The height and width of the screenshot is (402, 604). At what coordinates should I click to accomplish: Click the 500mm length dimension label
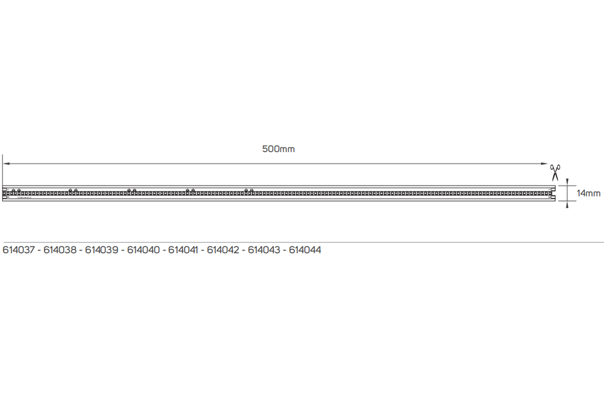278,149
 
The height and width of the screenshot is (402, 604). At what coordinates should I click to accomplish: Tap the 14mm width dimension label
588,193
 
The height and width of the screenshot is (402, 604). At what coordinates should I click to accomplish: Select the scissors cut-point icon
555,172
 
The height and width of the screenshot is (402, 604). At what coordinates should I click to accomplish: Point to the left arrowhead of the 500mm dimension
6,163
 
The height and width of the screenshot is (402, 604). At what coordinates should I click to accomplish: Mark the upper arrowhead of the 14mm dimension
567,181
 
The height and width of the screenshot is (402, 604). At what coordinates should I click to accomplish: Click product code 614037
19,250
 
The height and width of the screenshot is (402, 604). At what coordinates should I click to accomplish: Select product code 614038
60,250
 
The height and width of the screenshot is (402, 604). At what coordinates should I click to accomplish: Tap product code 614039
102,250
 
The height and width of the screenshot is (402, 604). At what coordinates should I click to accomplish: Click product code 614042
223,250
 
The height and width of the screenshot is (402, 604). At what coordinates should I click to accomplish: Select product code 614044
305,250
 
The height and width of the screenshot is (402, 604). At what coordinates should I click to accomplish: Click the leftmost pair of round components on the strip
16,190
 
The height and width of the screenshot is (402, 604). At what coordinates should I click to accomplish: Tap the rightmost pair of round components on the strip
249,190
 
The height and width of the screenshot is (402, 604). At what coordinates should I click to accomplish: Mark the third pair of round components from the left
131,190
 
